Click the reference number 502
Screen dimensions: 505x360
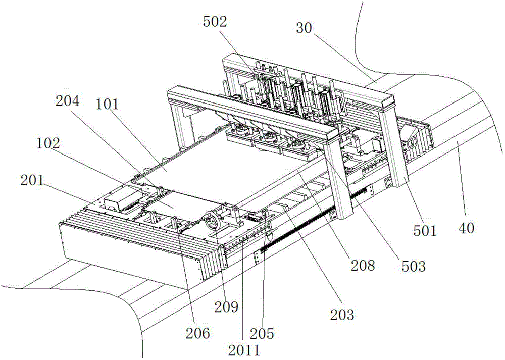pyautogui.click(x=215, y=22)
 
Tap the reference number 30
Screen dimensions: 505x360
pyautogui.click(x=304, y=28)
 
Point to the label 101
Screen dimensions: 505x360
pyautogui.click(x=107, y=105)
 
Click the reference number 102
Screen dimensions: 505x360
pyautogui.click(x=48, y=143)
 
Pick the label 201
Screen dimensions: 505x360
pyautogui.click(x=32, y=181)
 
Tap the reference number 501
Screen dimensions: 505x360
pyautogui.click(x=425, y=231)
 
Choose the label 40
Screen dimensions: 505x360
pyautogui.click(x=466, y=228)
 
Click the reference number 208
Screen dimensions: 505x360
pyautogui.click(x=363, y=266)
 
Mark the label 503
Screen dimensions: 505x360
pyautogui.click(x=414, y=266)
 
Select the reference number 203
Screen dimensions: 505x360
pyautogui.click(x=342, y=314)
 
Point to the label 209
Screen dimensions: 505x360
pyautogui.click(x=227, y=307)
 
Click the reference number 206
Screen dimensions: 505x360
pyautogui.click(x=198, y=333)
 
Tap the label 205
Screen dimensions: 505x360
pyautogui.click(x=262, y=334)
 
